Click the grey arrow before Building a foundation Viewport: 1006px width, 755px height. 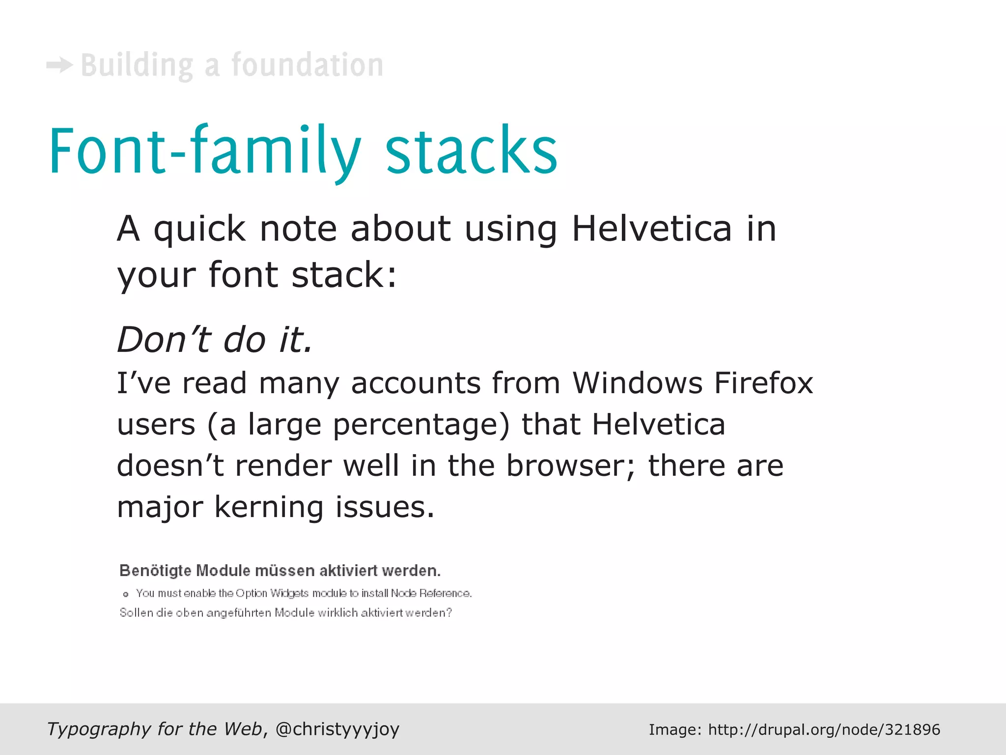[x=59, y=65]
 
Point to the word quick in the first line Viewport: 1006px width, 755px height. [x=199, y=230]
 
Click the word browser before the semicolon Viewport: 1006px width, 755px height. [x=565, y=465]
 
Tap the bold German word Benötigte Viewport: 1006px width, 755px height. [x=155, y=571]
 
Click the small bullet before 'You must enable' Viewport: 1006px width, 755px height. [x=126, y=594]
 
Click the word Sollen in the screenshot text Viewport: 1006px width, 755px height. [x=136, y=613]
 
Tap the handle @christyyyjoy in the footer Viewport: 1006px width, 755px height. [x=337, y=729]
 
